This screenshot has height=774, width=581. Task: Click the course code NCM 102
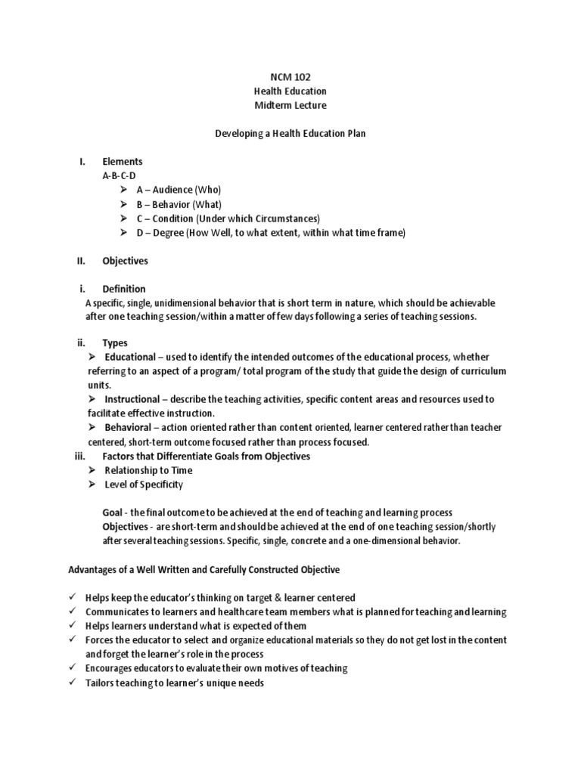pyautogui.click(x=290, y=77)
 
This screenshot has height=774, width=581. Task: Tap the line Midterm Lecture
pyautogui.click(x=290, y=105)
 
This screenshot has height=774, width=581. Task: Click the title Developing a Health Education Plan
pyautogui.click(x=290, y=133)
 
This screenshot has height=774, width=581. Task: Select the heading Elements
pyautogui.click(x=123, y=162)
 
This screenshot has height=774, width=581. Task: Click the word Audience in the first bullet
pyautogui.click(x=174, y=190)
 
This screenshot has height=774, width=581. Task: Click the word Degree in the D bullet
pyautogui.click(x=169, y=233)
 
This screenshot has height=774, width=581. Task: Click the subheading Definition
pyautogui.click(x=124, y=289)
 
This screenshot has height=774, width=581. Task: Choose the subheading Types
pyautogui.click(x=115, y=343)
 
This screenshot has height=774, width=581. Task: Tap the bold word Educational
pyautogui.click(x=130, y=357)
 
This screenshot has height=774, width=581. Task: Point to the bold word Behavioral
pyautogui.click(x=128, y=428)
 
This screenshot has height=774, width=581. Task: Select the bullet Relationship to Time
pyautogui.click(x=148, y=470)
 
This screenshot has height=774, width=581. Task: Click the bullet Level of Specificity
pyautogui.click(x=144, y=485)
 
